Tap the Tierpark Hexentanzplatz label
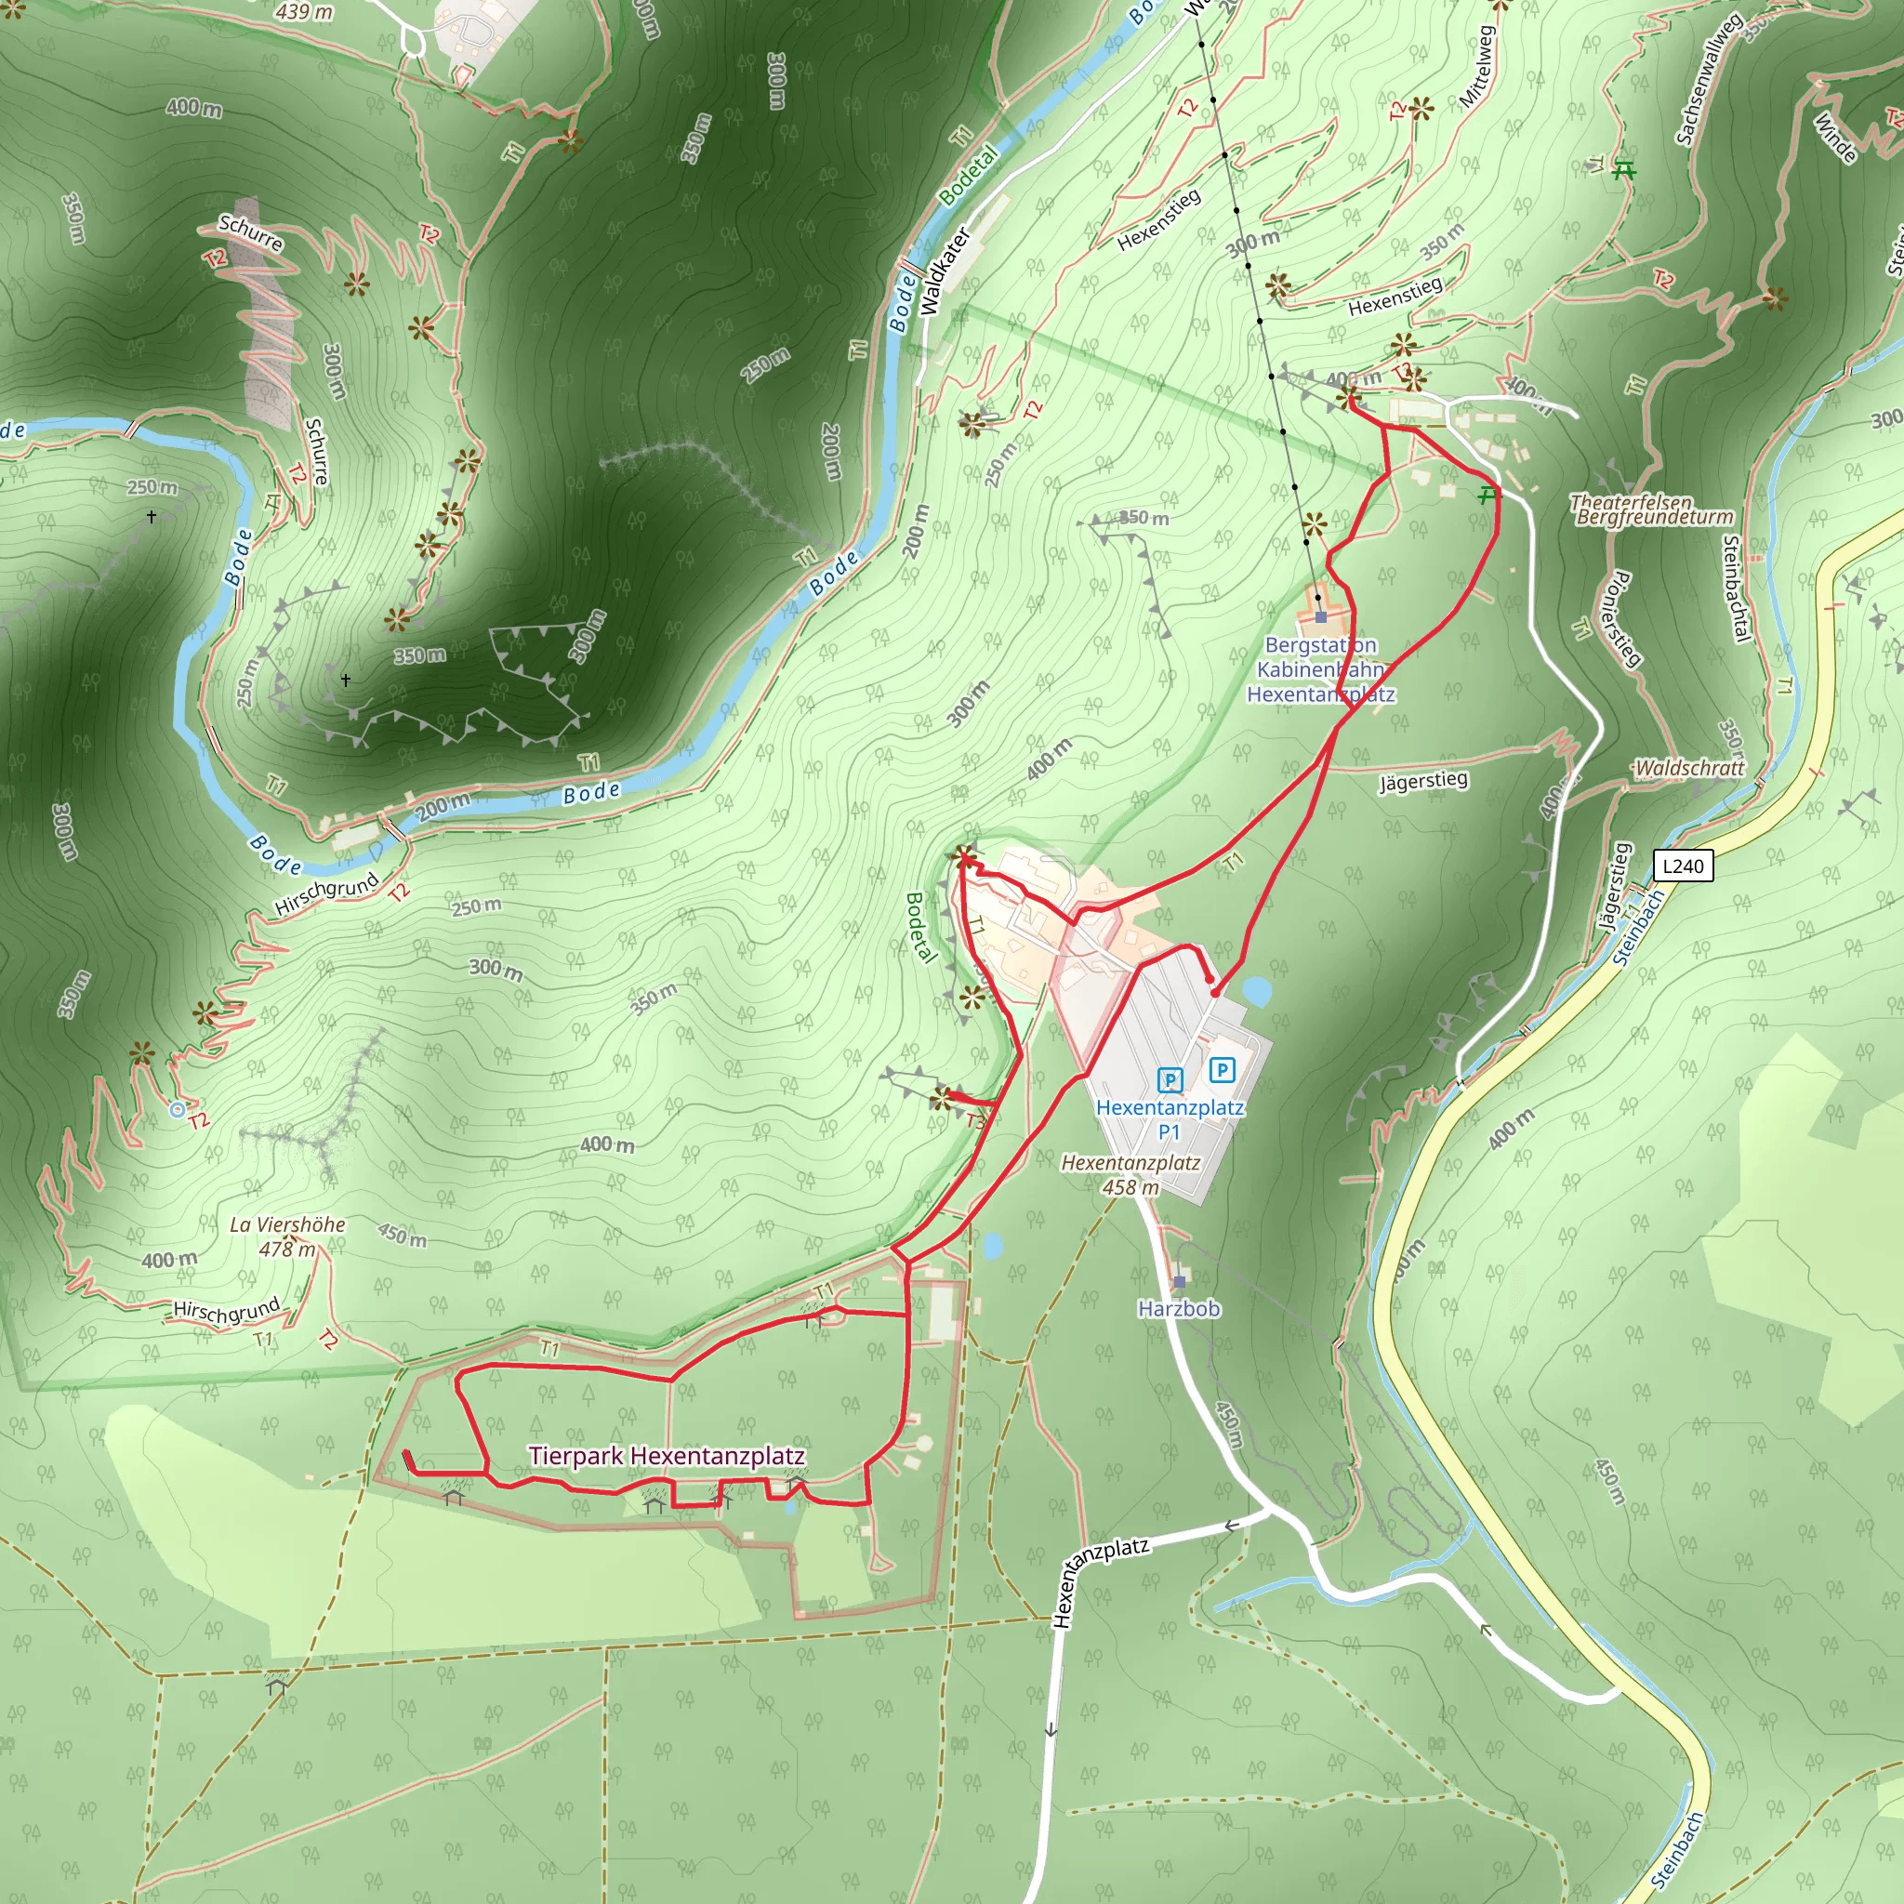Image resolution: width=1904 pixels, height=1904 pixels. [667, 1456]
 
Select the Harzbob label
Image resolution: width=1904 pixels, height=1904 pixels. [1179, 1308]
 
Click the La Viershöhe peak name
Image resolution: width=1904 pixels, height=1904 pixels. [286, 1224]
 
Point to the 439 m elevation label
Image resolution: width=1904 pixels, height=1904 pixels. [305, 12]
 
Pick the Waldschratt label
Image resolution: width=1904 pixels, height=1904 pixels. [1688, 768]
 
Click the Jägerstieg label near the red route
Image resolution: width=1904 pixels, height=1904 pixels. [1423, 782]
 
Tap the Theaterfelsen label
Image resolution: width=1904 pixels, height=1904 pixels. [1630, 503]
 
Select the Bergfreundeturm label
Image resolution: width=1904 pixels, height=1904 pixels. [1655, 518]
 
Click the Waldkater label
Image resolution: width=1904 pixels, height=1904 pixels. [945, 271]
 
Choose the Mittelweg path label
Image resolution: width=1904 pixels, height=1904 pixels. [1477, 67]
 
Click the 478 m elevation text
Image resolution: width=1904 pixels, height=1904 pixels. [288, 1249]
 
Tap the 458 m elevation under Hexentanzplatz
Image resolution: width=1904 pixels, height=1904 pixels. [1130, 1187]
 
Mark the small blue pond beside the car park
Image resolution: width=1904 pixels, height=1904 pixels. [1257, 991]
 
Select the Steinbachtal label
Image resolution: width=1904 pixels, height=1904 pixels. [1736, 588]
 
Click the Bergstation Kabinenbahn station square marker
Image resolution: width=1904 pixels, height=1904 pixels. [1320, 617]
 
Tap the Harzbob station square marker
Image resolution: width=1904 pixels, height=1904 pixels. [1180, 1281]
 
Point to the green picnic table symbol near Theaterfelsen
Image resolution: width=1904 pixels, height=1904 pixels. [1487, 495]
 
